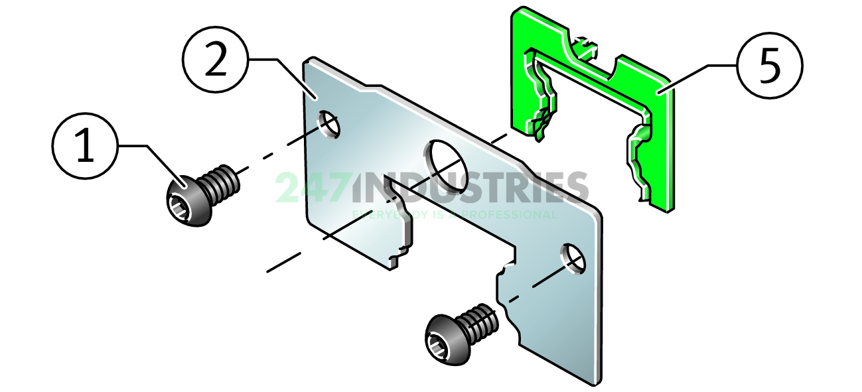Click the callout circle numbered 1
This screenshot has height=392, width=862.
[x=85, y=145]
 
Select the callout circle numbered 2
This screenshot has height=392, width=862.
[x=215, y=60]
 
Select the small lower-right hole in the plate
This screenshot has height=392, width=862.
[x=574, y=259]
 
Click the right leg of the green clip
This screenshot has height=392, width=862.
[x=650, y=159]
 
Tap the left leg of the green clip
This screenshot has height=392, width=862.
[x=538, y=99]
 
